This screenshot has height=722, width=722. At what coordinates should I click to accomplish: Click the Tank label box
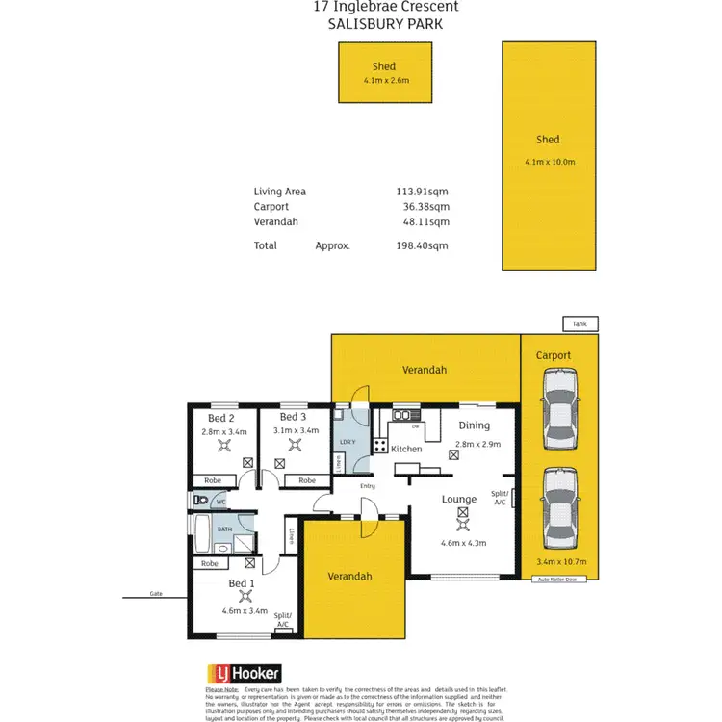click(580, 323)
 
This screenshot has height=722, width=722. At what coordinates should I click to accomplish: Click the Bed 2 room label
click(221, 418)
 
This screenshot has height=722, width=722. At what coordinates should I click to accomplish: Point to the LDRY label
click(348, 442)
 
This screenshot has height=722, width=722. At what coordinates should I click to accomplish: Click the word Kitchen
click(406, 449)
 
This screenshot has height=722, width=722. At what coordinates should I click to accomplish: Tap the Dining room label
click(474, 425)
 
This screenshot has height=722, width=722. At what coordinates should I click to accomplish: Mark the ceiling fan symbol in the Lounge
click(462, 516)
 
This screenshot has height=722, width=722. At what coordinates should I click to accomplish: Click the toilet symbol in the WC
click(200, 502)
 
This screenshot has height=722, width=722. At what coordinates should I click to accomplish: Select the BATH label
click(224, 529)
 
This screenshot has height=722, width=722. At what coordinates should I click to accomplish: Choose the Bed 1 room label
click(242, 584)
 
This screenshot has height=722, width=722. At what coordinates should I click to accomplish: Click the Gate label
click(156, 594)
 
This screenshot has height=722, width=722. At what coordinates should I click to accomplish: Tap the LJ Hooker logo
click(244, 674)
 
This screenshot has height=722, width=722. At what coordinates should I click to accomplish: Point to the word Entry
click(368, 486)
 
